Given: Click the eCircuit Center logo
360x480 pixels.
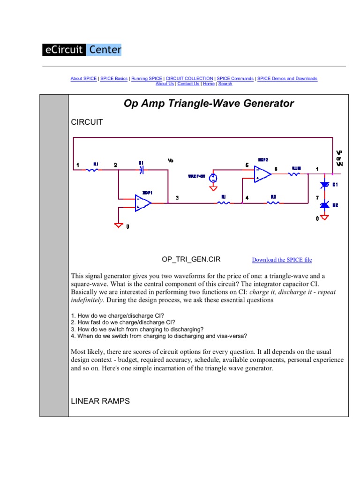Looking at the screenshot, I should click(x=82, y=49).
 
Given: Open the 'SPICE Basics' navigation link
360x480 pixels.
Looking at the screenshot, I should click(x=114, y=79).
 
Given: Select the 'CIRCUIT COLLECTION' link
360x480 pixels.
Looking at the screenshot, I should click(x=190, y=79).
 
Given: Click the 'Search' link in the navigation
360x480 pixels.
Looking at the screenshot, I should click(x=225, y=84).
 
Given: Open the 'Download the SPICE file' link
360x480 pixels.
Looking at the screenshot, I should click(x=282, y=260).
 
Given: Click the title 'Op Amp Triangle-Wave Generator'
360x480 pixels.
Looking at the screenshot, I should click(x=209, y=104).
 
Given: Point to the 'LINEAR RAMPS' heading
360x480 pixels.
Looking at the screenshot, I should click(x=100, y=401).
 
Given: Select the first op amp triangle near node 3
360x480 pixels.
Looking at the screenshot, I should click(x=142, y=202).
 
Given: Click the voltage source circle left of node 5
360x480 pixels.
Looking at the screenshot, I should click(x=213, y=178).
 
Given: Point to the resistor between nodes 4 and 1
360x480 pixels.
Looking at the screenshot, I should click(x=273, y=203).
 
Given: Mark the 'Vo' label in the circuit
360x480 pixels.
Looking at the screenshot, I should click(x=170, y=161).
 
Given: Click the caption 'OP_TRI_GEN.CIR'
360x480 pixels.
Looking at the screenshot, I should click(x=191, y=259).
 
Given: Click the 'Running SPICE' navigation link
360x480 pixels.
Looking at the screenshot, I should click(x=147, y=79).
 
